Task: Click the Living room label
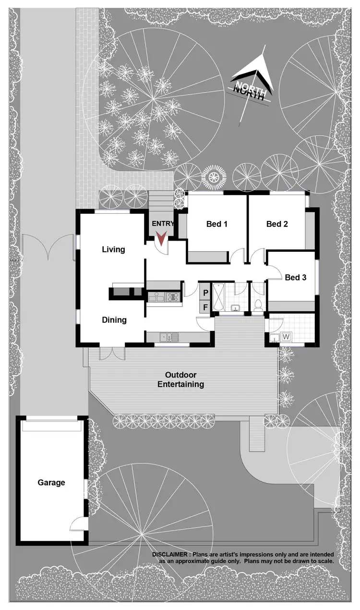pyautogui.click(x=113, y=249)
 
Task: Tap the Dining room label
pyautogui.click(x=114, y=320)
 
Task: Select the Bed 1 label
pyautogui.click(x=216, y=224)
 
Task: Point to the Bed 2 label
pyautogui.click(x=277, y=224)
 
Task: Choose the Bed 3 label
pyautogui.click(x=295, y=277)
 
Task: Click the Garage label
pyautogui.click(x=51, y=482)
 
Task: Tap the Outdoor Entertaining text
pyautogui.click(x=180, y=379)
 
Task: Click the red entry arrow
pyautogui.click(x=161, y=238)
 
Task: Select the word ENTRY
pyautogui.click(x=163, y=224)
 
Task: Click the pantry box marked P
pyautogui.click(x=205, y=293)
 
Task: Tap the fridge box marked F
pyautogui.click(x=205, y=307)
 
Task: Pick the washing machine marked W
pyautogui.click(x=287, y=337)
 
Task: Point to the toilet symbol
pyautogui.click(x=258, y=304)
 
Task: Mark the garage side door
pyautogui.click(x=79, y=524)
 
